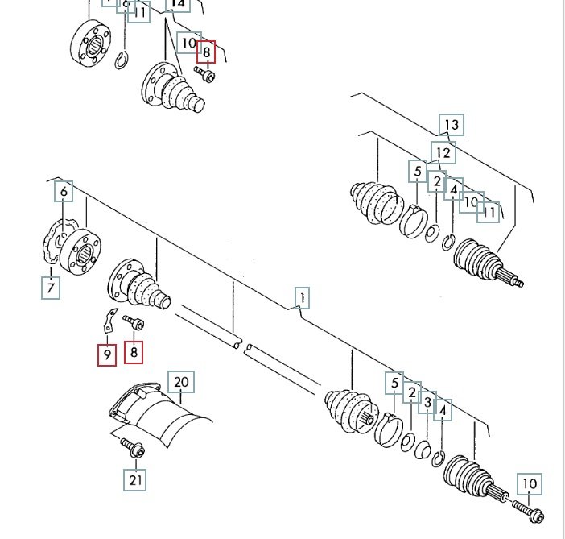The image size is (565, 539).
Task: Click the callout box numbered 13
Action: (452, 125)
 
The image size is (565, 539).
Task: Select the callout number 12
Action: (442, 152)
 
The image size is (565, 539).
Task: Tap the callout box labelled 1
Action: (301, 298)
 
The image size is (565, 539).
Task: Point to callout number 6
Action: (64, 191)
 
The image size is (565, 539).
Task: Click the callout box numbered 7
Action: (51, 287)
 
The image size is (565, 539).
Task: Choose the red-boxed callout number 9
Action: (106, 354)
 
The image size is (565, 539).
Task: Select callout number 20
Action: (181, 383)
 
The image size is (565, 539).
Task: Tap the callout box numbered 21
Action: (135, 480)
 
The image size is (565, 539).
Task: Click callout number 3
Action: (428, 402)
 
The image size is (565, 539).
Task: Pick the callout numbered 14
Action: (178, 4)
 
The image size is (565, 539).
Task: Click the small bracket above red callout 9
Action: (108, 321)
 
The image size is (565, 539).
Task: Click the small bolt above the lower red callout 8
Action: (133, 323)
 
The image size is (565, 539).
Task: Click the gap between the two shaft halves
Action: (242, 347)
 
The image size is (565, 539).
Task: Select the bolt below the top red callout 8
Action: (205, 75)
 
